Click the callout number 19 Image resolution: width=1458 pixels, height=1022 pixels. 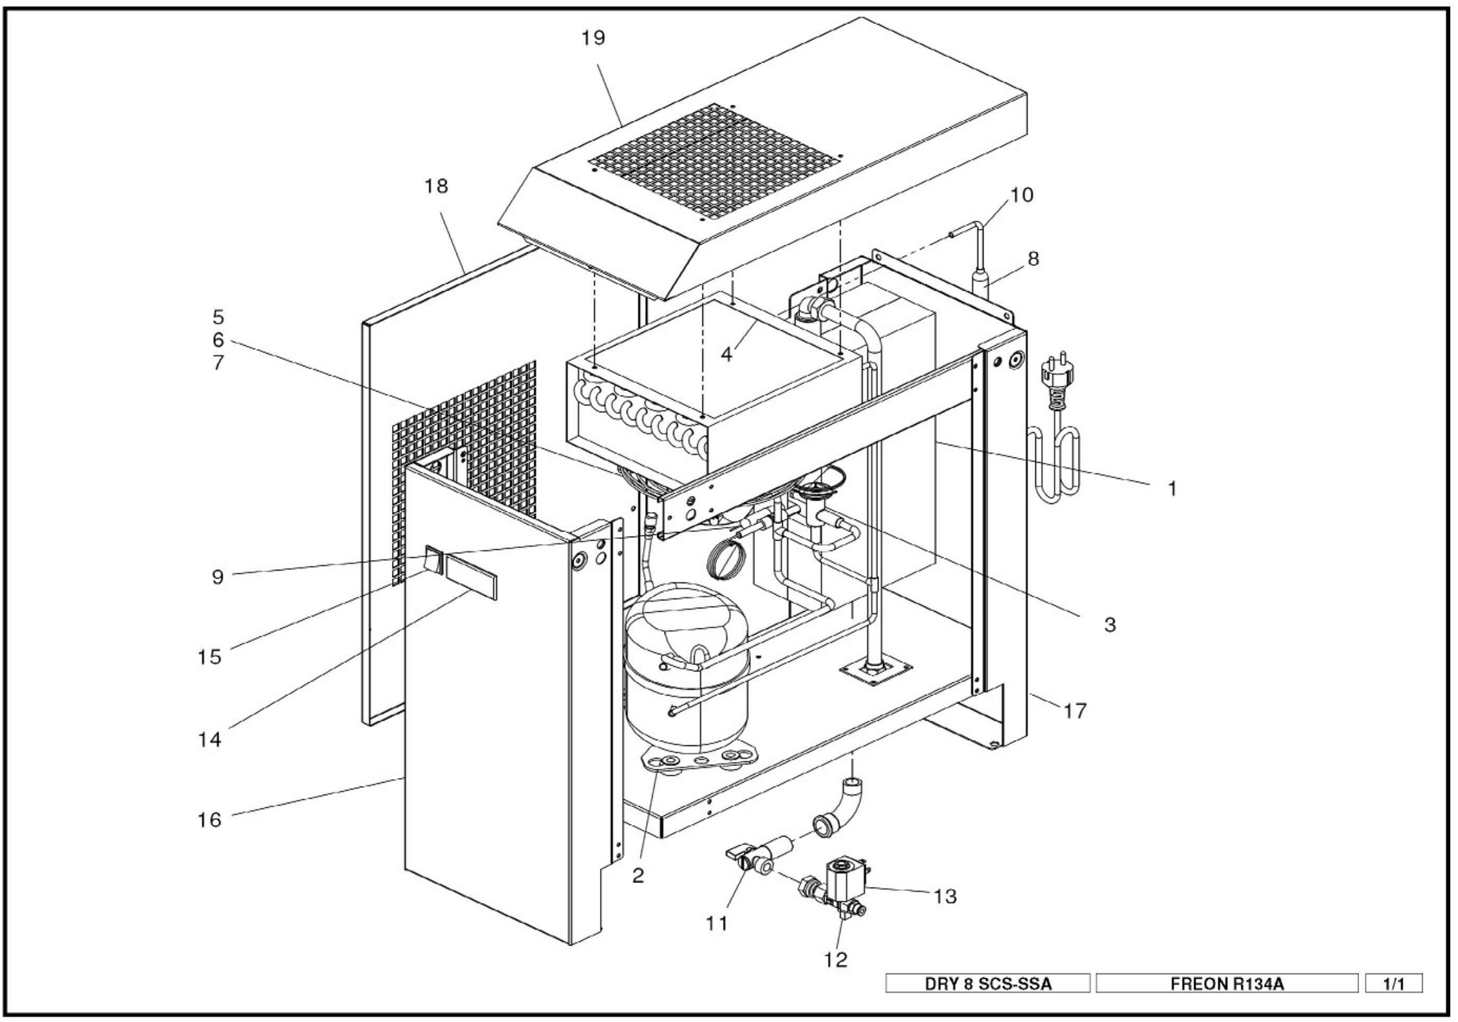tap(593, 39)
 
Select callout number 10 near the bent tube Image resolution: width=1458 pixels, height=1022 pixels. tap(1021, 195)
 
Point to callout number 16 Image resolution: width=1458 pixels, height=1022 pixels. tap(209, 819)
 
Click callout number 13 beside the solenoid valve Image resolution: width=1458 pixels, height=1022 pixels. tap(944, 896)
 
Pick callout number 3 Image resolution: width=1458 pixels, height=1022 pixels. tap(1110, 624)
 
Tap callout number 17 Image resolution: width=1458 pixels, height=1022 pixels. tap(1075, 711)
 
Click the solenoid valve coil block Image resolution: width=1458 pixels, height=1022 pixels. tap(843, 877)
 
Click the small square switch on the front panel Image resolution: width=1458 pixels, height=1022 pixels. tap(433, 559)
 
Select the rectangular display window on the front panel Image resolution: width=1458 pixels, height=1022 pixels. tap(471, 576)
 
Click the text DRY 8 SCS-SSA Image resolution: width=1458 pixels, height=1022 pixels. tap(988, 983)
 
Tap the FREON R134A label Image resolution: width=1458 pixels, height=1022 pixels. tap(1227, 983)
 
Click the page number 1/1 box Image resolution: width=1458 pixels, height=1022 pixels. tap(1394, 983)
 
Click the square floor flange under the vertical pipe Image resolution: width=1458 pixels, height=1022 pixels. tap(875, 671)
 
